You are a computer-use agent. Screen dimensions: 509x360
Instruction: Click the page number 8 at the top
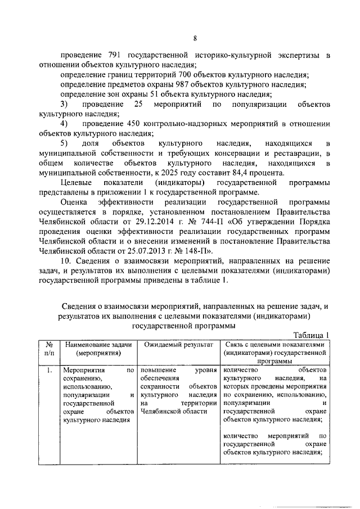click(195, 38)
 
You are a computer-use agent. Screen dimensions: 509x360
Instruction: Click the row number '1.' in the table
click(49, 371)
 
